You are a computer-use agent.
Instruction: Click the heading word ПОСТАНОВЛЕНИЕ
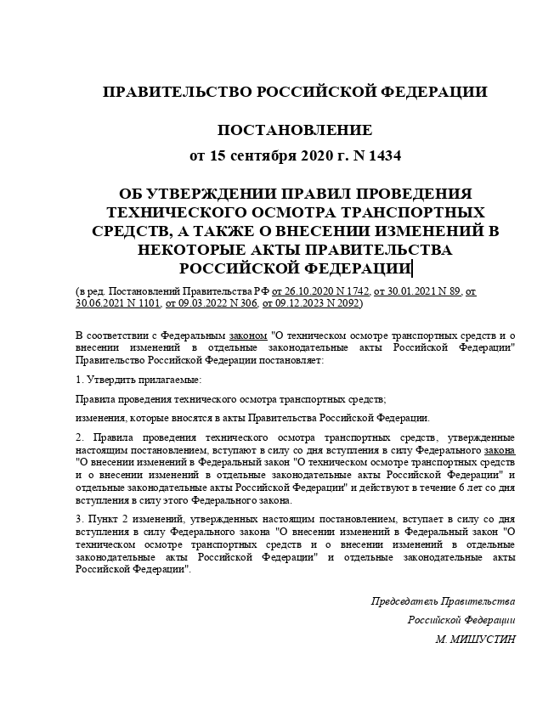click(295, 131)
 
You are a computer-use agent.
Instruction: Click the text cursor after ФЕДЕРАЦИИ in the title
click(412, 269)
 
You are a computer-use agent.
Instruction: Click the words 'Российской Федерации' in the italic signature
click(461, 620)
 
